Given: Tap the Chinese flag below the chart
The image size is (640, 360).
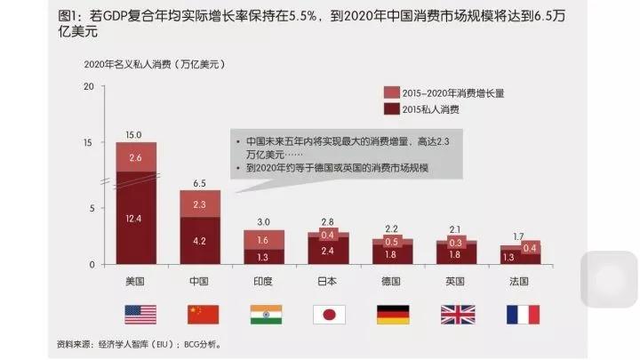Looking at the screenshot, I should pos(203,314).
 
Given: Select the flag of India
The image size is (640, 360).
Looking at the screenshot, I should pos(265,314).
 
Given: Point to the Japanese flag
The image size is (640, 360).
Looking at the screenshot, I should pos(329,314).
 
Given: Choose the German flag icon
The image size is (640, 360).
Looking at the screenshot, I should pos(392,314).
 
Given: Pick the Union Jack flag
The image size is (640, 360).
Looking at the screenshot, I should pos(457,314).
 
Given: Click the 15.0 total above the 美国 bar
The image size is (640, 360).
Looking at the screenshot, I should pos(133,135).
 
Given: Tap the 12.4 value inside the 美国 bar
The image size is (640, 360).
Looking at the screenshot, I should pos(135,219).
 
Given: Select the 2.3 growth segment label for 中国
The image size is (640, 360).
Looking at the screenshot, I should pos(200,204).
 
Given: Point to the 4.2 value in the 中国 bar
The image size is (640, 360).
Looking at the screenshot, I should pos(200,241).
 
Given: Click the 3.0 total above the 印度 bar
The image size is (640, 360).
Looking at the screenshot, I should pos(264,221).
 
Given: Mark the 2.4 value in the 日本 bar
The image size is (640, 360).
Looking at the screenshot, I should pos(329,251).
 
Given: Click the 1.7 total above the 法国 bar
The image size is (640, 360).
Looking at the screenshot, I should pos(519,236).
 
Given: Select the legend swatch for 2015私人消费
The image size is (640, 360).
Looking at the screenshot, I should pos(391,109).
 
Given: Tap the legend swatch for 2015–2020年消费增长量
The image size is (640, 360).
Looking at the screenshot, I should pos(391,93).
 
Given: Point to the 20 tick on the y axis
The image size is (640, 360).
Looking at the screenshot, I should pos(87,86).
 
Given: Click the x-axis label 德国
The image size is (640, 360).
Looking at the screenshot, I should pos(392,282).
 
